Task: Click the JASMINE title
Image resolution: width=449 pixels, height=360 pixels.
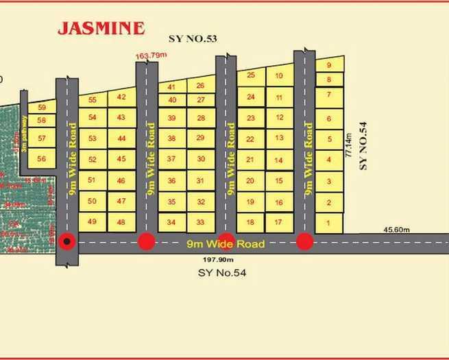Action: point(101,28)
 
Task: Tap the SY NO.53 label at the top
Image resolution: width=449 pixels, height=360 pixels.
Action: point(193,39)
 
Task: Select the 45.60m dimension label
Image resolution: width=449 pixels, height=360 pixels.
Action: point(395,230)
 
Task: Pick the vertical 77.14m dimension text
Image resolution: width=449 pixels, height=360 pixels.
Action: point(350,146)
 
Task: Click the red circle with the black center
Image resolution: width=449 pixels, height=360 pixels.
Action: point(66,241)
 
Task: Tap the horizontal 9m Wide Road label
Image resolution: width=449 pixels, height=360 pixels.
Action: point(226,243)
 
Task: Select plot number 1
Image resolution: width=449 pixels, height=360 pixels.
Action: point(329,223)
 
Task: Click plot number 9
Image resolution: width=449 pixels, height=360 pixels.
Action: point(329,66)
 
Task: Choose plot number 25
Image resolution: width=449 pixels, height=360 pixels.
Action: point(251,75)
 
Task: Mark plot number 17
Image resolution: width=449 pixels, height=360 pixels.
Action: point(278,222)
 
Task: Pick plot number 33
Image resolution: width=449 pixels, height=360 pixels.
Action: point(200,222)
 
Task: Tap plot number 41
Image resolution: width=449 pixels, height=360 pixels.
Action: point(171,86)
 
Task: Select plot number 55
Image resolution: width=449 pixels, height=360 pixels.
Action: point(93,99)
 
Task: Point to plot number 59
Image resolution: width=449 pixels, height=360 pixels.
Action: point(42,108)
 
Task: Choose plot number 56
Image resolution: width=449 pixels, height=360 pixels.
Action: point(42,158)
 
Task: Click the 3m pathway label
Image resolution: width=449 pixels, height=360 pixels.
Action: point(26,134)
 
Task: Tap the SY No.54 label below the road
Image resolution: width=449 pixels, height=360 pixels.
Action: point(221,273)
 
